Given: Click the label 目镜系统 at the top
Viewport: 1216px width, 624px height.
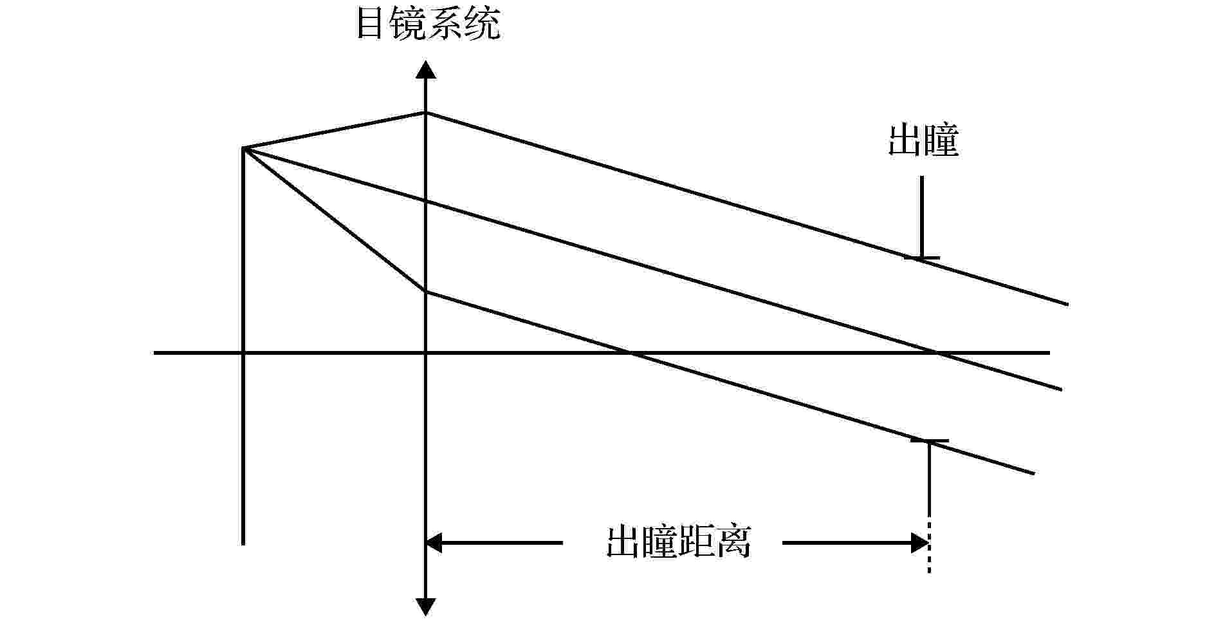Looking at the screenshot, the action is click(x=428, y=24).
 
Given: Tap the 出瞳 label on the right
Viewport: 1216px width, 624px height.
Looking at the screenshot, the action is click(x=924, y=141).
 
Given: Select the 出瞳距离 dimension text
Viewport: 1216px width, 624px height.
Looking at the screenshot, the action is click(x=679, y=543).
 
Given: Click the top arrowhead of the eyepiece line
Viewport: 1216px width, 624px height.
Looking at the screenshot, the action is click(x=425, y=70).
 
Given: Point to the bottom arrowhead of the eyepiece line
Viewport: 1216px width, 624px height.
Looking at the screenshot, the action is click(x=425, y=607).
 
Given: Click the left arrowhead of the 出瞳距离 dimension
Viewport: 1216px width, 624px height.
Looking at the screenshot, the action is click(x=435, y=543).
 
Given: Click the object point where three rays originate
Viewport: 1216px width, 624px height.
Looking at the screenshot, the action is click(x=243, y=148).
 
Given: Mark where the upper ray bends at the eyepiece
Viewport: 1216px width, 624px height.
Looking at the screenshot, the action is click(x=425, y=113).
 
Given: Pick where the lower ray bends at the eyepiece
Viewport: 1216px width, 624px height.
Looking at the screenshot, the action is click(x=425, y=292).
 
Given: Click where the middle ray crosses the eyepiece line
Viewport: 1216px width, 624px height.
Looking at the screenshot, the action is click(x=425, y=202).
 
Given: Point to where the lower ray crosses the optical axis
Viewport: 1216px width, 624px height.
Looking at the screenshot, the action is click(x=631, y=353).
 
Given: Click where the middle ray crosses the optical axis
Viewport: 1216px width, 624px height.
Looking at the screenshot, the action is click(x=937, y=353).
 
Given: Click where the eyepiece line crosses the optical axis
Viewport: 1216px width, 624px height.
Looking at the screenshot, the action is click(x=425, y=353).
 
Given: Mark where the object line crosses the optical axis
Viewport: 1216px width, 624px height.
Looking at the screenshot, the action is click(x=243, y=353).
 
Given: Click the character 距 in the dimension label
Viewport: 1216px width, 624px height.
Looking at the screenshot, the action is click(x=697, y=543).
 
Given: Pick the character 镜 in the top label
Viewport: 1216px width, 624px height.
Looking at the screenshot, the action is click(x=410, y=24).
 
